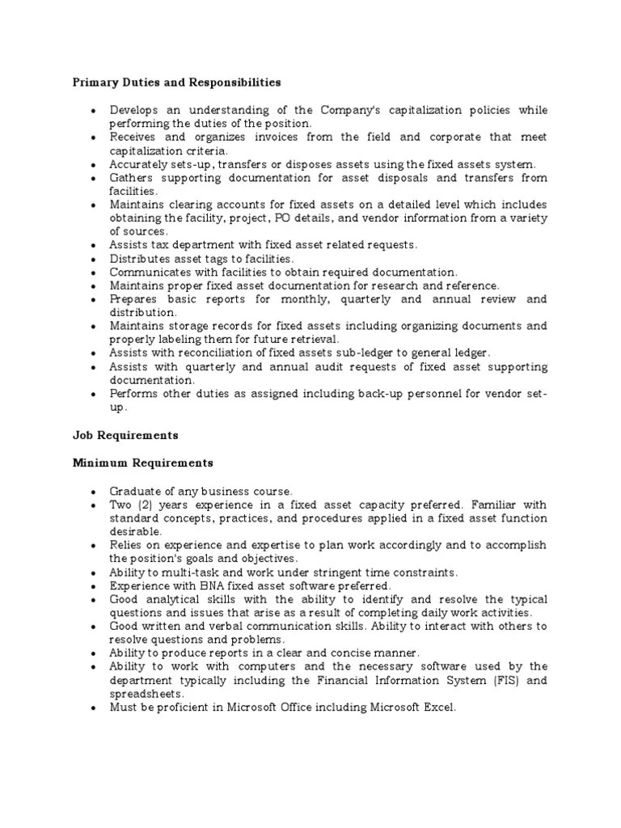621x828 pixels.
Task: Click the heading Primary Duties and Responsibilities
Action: pyautogui.click(x=177, y=82)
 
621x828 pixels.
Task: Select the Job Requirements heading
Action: pyautogui.click(x=125, y=435)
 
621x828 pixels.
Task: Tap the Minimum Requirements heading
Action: pyautogui.click(x=142, y=463)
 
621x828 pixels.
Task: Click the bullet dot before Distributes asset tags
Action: pyautogui.click(x=94, y=259)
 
